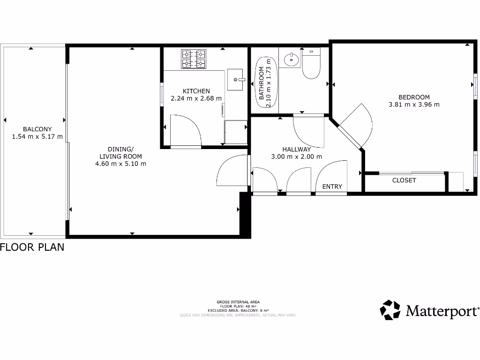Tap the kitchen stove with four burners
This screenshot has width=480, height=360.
click(194, 59)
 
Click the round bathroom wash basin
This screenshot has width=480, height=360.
click(292, 59)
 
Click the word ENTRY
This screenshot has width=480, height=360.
click(332, 187)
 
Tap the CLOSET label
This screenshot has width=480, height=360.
click(404, 180)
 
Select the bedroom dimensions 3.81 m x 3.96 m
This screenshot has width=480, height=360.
click(414, 105)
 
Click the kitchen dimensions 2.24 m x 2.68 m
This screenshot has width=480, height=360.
click(196, 98)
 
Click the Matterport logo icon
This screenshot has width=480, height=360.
click(390, 310)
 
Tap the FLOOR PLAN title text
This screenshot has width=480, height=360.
click(32, 247)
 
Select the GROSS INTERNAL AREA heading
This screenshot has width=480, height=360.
click(238, 302)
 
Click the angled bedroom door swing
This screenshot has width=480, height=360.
click(359, 123)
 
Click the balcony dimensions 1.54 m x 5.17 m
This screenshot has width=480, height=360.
click(37, 137)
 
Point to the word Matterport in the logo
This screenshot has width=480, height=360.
click(442, 311)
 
